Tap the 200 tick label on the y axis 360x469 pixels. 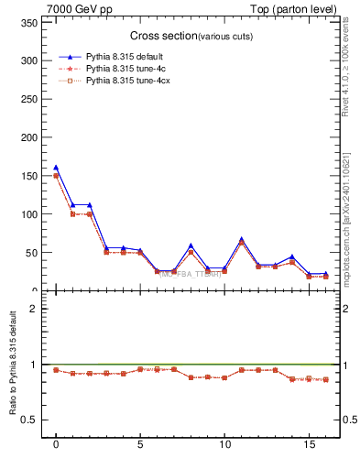tap(27, 137)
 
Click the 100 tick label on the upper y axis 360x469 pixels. tap(27, 214)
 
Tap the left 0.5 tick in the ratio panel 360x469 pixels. tap(26, 420)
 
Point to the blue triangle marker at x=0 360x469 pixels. tap(56, 168)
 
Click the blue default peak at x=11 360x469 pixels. tap(241, 239)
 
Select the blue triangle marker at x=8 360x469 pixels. tap(191, 245)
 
